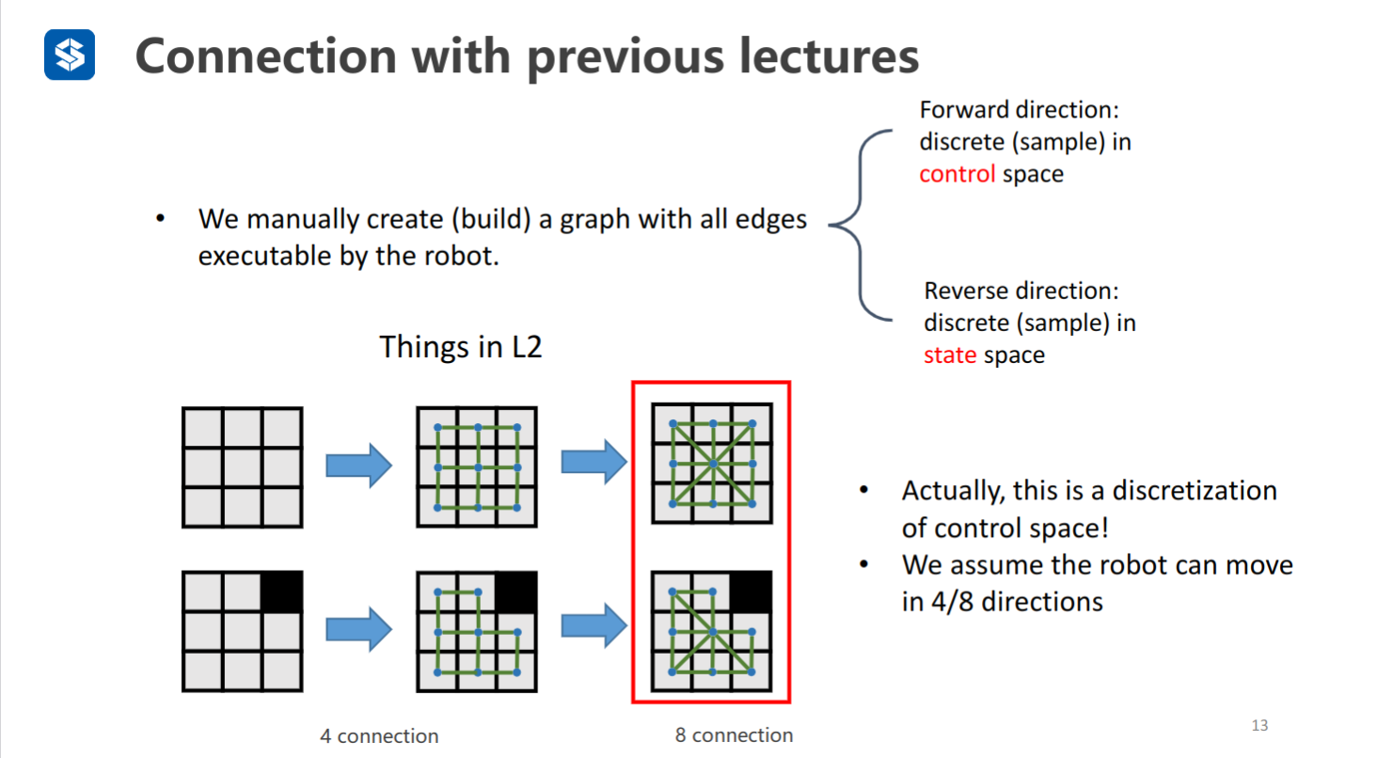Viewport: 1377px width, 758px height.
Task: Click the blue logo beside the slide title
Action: point(70,55)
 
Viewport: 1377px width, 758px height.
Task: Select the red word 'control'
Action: point(957,174)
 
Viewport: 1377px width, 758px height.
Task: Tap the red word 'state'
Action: point(949,355)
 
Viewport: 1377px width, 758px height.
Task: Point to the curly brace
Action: point(861,226)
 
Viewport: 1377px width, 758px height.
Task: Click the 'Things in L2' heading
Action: point(460,347)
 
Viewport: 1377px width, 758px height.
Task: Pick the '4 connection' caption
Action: point(379,735)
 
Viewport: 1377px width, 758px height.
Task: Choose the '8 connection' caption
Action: point(734,735)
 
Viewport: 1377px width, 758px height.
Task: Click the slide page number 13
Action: point(1259,725)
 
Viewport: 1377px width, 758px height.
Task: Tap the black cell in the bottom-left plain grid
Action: point(281,592)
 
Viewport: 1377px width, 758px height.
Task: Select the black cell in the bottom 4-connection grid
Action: point(516,592)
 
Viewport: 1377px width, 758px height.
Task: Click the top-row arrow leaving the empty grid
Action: point(358,466)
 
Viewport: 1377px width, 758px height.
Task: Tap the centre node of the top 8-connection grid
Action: point(712,464)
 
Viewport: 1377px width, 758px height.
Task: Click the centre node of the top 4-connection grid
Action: point(478,466)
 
